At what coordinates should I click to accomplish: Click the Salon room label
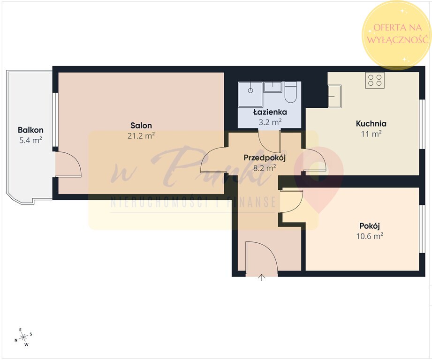(141, 126)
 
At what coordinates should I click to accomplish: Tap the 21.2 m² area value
(141, 135)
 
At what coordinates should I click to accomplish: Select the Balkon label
(30, 130)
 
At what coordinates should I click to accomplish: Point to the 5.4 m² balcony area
(30, 140)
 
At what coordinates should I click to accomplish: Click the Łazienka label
(270, 112)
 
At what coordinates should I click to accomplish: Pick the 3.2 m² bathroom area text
(270, 122)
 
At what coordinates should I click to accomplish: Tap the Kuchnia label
(371, 124)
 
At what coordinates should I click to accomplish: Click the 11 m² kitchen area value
(371, 134)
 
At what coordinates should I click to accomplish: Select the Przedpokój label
(265, 158)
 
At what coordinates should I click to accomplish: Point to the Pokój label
(370, 226)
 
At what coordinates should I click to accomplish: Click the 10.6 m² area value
(370, 236)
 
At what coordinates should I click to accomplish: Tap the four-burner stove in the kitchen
(375, 80)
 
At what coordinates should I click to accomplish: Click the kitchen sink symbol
(334, 96)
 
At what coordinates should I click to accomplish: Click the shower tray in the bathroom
(250, 94)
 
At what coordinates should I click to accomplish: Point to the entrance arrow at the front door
(261, 277)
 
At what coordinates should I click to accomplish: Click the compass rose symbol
(23, 337)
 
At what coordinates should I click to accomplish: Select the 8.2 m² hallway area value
(265, 168)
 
